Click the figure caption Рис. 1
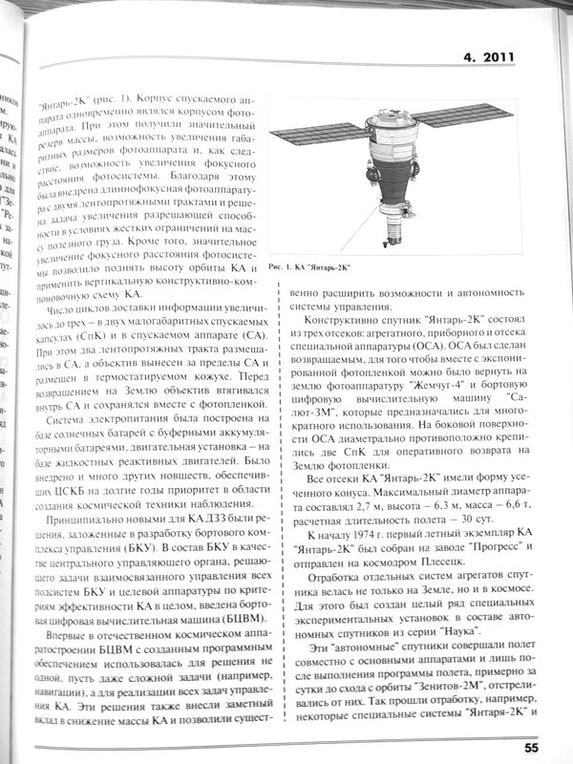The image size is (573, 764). (284, 266)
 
